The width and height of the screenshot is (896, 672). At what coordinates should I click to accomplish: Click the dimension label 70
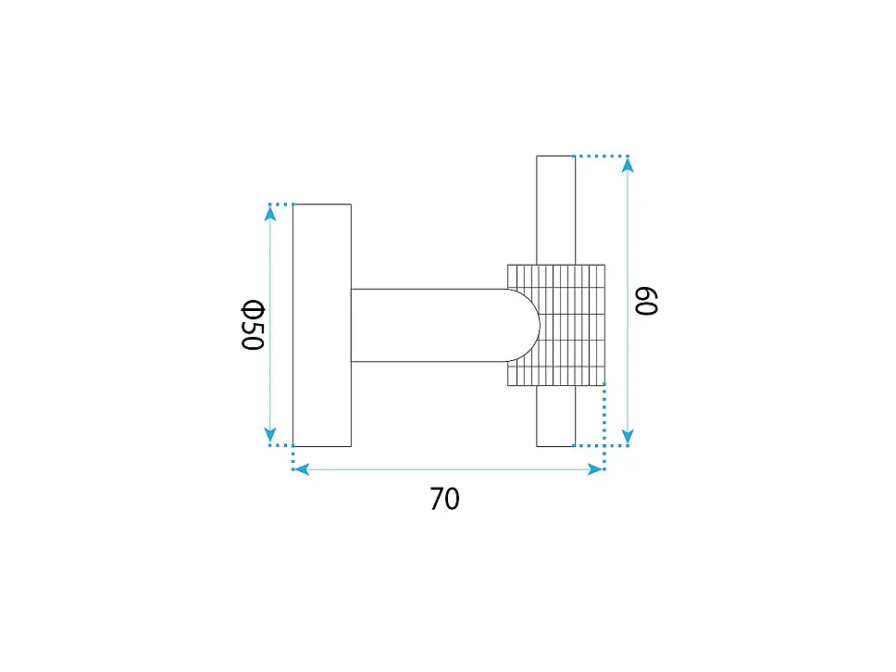click(x=444, y=498)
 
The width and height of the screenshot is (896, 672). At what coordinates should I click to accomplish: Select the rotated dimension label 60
click(x=646, y=301)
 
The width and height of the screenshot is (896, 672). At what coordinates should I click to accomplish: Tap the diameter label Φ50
click(x=253, y=325)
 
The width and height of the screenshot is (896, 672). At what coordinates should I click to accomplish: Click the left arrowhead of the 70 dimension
click(x=301, y=469)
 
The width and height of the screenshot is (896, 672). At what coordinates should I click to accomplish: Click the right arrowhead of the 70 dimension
click(x=596, y=469)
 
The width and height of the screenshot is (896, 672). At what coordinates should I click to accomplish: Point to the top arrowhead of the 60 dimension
click(x=628, y=165)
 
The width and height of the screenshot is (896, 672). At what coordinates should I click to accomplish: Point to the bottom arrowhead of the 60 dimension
click(x=628, y=437)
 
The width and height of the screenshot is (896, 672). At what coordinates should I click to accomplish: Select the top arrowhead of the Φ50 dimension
click(x=271, y=213)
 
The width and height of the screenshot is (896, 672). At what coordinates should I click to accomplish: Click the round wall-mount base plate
click(x=322, y=325)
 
